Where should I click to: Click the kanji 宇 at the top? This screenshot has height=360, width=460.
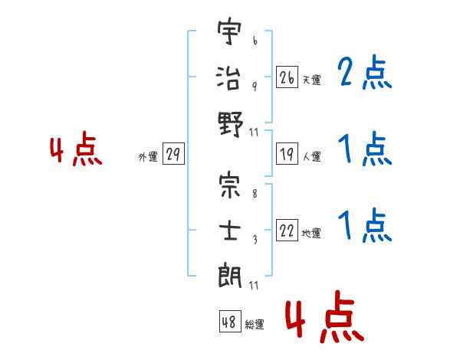click(229, 31)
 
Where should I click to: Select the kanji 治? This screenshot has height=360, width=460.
click(228, 77)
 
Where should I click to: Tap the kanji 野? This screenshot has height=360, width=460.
click(231, 124)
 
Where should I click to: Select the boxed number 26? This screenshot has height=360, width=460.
click(287, 77)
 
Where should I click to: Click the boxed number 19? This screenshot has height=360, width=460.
click(287, 154)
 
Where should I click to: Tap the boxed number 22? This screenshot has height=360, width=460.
click(287, 230)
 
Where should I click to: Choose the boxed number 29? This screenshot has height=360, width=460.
click(173, 154)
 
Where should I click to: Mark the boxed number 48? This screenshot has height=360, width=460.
click(230, 321)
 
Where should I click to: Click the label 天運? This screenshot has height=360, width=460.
click(312, 80)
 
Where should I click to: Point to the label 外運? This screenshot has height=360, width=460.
click(148, 156)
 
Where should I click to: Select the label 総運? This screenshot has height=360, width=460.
click(255, 324)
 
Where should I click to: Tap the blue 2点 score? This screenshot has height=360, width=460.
click(365, 71)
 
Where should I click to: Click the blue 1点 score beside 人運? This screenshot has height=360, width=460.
click(365, 149)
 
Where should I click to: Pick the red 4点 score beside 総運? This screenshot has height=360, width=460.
click(325, 316)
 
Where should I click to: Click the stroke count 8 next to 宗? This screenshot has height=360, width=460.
click(255, 194)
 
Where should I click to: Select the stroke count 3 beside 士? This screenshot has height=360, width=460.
click(255, 240)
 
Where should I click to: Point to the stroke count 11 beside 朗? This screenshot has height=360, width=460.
click(254, 285)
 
